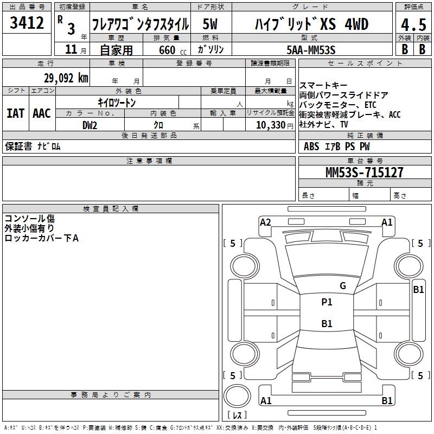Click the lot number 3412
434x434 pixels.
coord(27,23)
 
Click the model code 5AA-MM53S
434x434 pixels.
coord(311,49)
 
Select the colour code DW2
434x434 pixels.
coord(90,125)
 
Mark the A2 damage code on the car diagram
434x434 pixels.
coord(265,222)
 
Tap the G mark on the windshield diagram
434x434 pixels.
coord(342,285)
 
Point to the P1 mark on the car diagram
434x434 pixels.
coord(327,302)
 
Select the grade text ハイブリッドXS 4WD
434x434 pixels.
coord(311,24)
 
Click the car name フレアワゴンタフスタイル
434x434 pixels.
coord(140,24)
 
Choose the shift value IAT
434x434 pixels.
coord(15,113)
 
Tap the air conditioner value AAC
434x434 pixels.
coord(41,113)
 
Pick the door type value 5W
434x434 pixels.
coord(210,24)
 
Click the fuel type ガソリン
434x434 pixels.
coord(210,49)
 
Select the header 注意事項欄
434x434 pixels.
coord(149,161)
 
